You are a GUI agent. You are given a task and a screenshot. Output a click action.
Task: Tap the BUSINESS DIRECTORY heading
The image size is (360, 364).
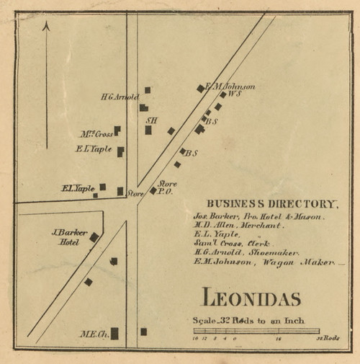coord(271,204)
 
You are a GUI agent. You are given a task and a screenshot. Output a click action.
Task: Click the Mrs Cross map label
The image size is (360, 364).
coord(96,133)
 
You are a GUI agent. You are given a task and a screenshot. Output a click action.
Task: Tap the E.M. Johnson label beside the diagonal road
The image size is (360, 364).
coord(230,86)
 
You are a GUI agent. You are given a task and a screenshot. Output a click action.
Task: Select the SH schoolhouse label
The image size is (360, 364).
coord(151,120)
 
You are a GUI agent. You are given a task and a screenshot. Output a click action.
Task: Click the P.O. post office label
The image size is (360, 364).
coord(167,192)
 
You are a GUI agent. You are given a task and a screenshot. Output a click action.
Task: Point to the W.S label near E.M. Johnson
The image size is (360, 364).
coord(234,94)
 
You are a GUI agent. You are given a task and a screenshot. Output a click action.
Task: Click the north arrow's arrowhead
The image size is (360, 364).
coord(46,25)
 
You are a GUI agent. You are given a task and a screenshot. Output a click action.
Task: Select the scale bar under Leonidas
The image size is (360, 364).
coord(256,331)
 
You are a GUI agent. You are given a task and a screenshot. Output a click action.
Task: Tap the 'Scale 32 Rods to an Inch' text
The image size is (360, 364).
coord(248,320)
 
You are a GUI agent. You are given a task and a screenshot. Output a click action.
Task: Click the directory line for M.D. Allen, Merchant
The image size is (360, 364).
coord(238,225)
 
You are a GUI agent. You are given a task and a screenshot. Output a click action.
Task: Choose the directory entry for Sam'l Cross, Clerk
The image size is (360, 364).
coord(231,244)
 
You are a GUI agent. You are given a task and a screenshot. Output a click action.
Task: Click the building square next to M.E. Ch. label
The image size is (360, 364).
coord(114,333)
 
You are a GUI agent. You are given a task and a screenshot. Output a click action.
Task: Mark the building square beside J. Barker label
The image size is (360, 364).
coord(94,236)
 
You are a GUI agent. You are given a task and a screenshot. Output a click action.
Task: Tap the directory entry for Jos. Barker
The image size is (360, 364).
coord(258,216)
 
